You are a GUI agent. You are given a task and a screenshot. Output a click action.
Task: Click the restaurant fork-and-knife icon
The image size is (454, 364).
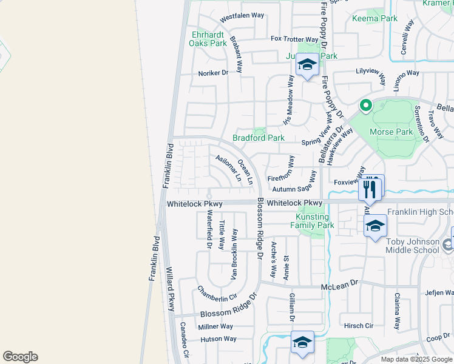[370, 189]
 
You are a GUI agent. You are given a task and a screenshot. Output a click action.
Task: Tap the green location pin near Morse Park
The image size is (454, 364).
[365, 106]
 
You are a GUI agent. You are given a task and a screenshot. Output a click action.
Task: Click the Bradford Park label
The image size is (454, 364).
[259, 138]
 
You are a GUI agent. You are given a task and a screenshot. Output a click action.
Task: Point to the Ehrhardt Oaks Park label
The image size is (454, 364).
[208, 39]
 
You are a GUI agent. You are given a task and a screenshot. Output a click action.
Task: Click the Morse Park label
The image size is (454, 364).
[396, 132]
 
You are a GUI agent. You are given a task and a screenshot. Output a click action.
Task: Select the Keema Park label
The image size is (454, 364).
[374, 18]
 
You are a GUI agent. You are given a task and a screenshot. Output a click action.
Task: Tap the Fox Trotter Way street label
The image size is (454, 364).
[294, 39]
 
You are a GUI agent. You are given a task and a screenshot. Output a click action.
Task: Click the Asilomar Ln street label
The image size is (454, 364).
[228, 167]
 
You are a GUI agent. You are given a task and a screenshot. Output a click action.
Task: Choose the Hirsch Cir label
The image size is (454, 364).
[359, 325]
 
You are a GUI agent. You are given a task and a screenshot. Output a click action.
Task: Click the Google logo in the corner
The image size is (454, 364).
[20, 357]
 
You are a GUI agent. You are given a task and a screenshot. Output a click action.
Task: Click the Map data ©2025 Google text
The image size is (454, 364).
[416, 359]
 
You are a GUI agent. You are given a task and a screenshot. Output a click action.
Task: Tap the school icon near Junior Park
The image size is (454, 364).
[307, 66]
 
